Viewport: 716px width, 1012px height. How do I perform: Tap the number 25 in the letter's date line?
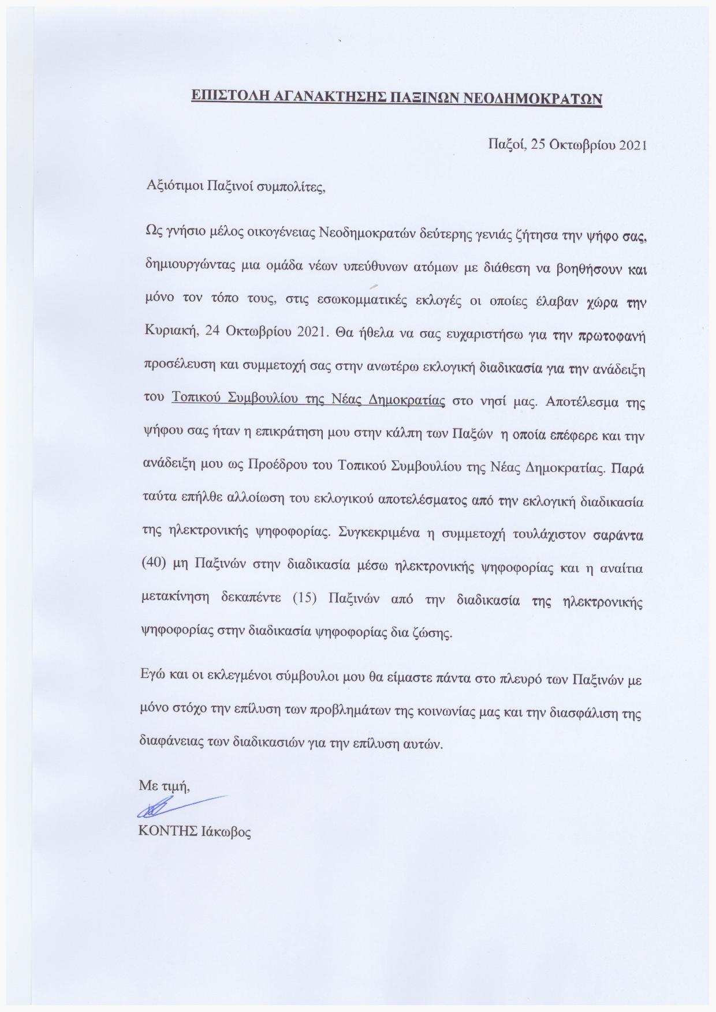point(538,144)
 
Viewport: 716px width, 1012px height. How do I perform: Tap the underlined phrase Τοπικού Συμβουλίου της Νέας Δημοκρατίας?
point(308,401)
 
